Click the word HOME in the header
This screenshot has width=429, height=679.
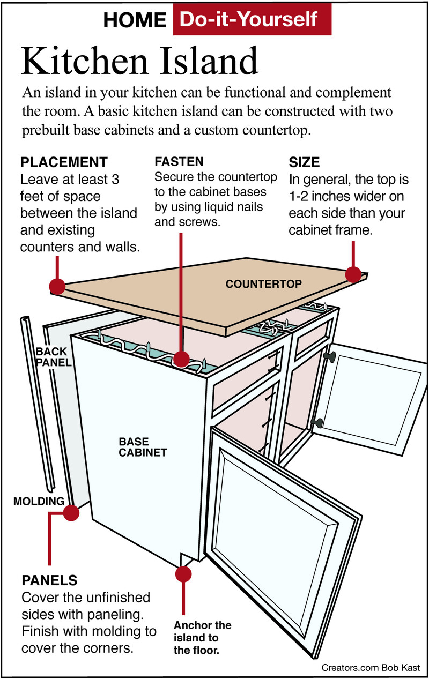(135, 20)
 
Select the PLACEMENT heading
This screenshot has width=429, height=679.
(64, 162)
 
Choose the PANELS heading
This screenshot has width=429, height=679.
(49, 580)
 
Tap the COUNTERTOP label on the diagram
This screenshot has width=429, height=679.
(264, 283)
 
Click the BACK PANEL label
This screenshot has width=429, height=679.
(51, 356)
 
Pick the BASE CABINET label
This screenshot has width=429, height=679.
(143, 447)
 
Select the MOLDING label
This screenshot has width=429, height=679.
(39, 502)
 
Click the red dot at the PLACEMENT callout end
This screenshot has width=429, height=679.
(57, 286)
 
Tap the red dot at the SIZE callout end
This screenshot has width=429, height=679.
(353, 275)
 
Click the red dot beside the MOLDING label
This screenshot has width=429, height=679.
(71, 513)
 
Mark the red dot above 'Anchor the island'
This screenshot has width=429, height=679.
(183, 573)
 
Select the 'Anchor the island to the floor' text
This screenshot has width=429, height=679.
(202, 638)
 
